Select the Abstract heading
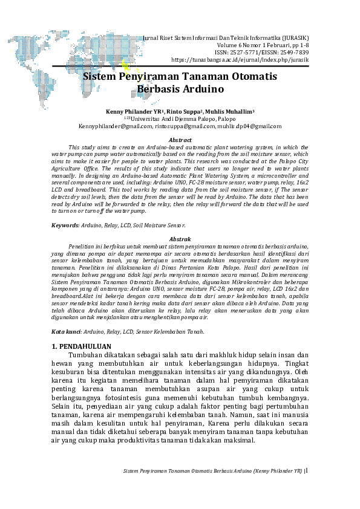[x=180, y=140]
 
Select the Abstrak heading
[x=180, y=239]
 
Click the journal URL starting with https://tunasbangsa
[x=240, y=60]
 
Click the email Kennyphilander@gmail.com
[x=115, y=126]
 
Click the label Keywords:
[x=65, y=225]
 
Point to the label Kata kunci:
[x=67, y=331]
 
